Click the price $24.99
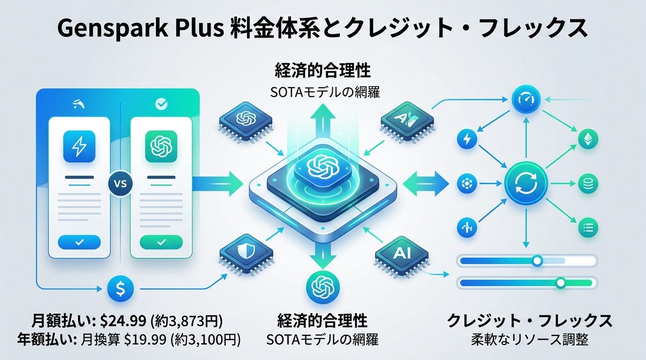[x=123, y=321]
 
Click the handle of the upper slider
[x=537, y=261]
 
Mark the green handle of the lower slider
[x=561, y=282]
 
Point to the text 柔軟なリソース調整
[x=530, y=340]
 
